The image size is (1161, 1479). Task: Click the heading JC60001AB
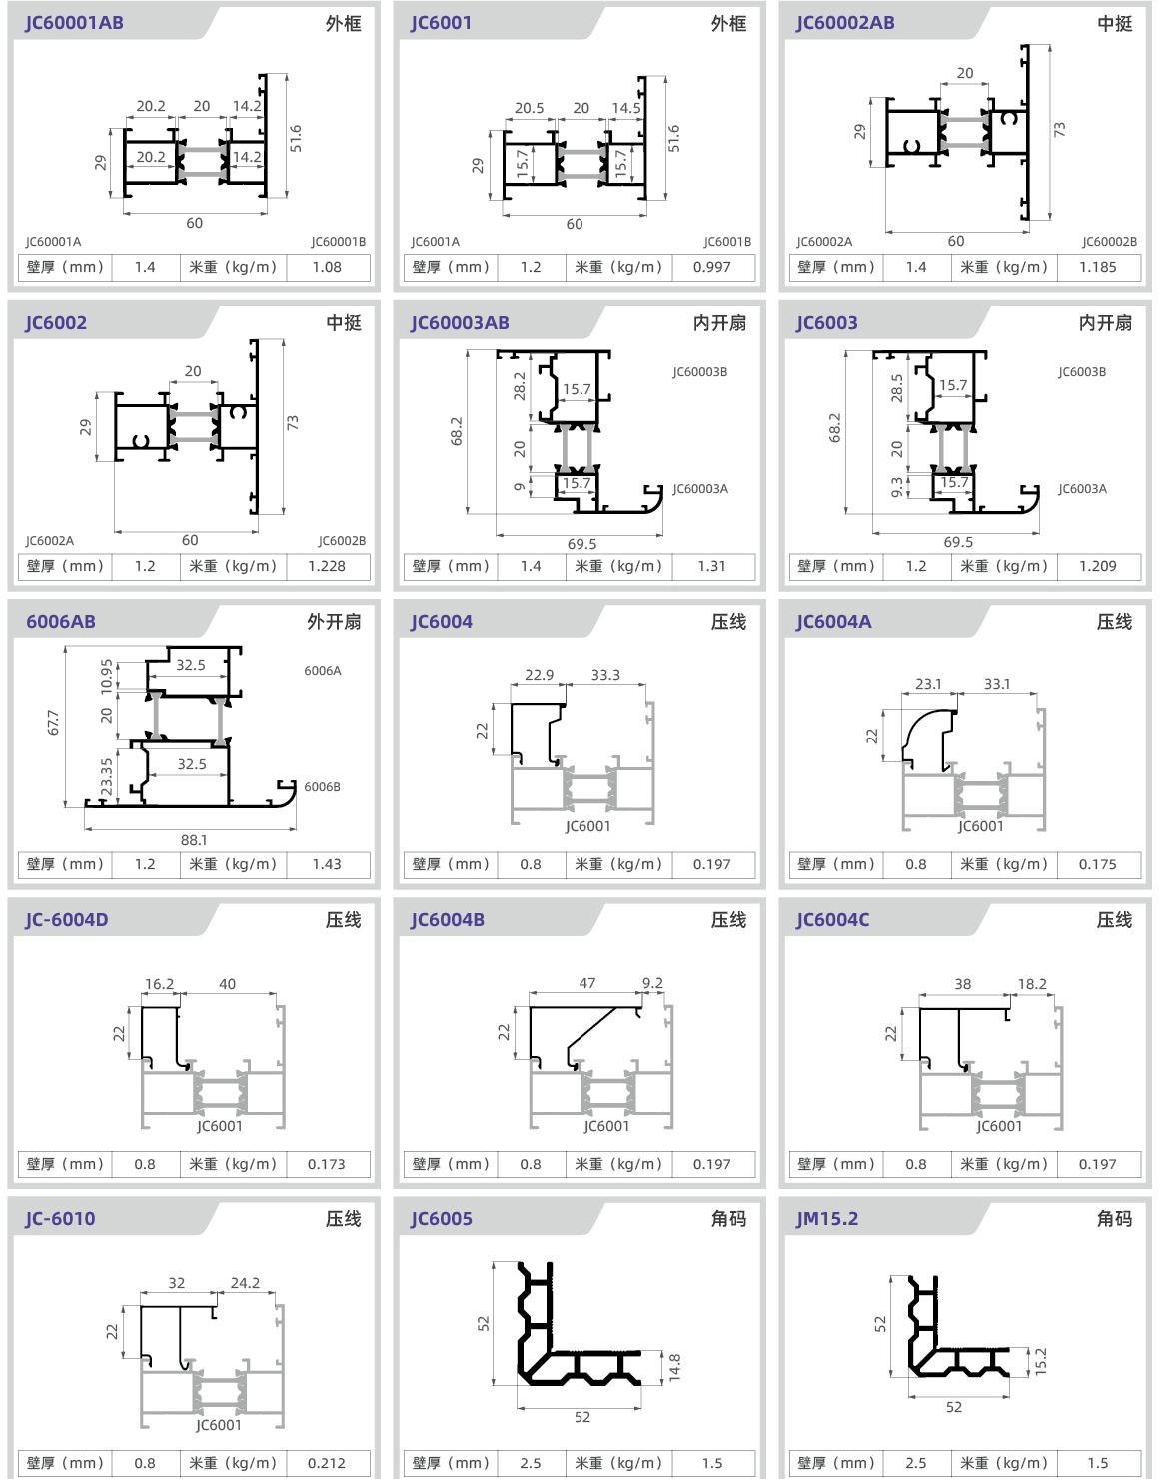tap(75, 23)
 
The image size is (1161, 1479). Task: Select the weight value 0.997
tap(711, 267)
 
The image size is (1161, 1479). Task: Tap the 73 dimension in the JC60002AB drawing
tap(1060, 129)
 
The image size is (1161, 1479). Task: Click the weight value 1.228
tap(327, 566)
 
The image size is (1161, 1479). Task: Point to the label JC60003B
tap(700, 372)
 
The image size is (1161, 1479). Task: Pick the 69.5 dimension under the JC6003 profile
tap(958, 542)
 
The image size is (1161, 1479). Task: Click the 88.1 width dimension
tap(194, 840)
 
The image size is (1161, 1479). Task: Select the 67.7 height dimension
tap(53, 723)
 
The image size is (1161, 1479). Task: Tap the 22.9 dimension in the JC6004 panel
tap(539, 675)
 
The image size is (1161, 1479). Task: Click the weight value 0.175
tap(1098, 864)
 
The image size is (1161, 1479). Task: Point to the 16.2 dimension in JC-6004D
tap(159, 984)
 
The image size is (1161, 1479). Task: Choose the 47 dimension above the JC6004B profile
tap(587, 983)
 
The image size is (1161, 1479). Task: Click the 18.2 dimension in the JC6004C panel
tap(1032, 984)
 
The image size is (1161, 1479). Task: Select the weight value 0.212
tap(327, 1463)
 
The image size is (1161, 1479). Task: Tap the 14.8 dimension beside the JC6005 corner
tap(674, 1367)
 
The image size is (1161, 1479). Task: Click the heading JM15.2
tap(827, 1218)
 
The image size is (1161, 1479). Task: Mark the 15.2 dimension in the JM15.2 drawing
tap(1040, 1362)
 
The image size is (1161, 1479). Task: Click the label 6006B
tap(323, 787)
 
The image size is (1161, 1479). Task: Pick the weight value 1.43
tap(327, 864)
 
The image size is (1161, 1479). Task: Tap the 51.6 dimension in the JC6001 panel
tap(673, 138)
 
